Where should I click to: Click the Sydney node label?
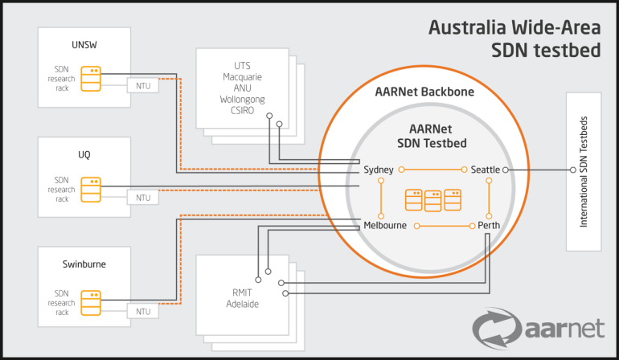378,170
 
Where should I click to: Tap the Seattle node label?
486,170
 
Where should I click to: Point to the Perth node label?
489,226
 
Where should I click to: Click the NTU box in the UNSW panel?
142,85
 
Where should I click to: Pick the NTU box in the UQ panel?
142,197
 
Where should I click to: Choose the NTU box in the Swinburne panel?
142,310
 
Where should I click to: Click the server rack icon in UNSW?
95,76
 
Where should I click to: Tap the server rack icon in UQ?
95,189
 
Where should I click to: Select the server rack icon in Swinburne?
95,302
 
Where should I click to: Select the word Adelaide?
241,305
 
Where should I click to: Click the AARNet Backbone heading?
424,92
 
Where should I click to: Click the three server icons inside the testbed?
433,198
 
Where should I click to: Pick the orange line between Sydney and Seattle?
433,170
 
